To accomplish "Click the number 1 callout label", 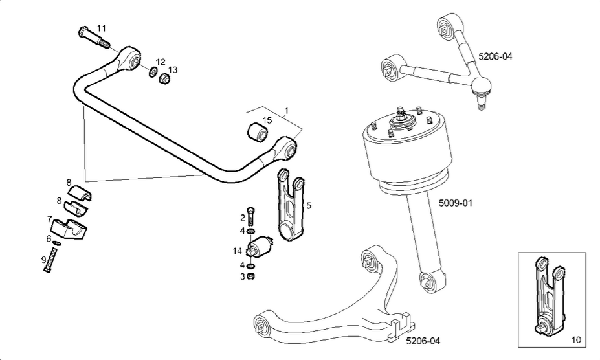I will pyautogui.click(x=286, y=112).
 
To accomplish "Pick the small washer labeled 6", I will pyautogui.click(x=56, y=243).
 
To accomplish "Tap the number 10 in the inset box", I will pyautogui.click(x=575, y=339).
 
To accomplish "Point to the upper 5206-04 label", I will pyautogui.click(x=495, y=56).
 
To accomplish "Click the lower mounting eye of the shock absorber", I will pyautogui.click(x=429, y=281).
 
